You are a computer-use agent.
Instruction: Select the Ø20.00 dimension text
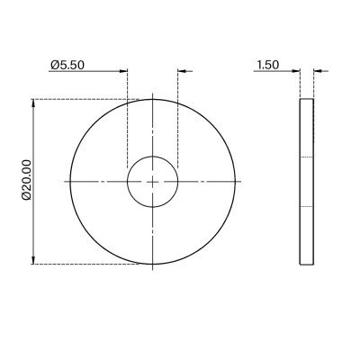[x=26, y=181]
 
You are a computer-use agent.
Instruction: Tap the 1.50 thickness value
[x=266, y=64]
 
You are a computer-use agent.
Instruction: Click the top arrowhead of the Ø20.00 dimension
[x=34, y=103]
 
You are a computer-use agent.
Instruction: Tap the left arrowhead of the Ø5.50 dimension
[x=123, y=70]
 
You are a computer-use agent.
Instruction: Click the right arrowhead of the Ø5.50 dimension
[x=184, y=70]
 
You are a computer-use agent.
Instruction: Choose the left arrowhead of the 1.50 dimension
[x=294, y=70]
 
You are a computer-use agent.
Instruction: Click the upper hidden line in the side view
[x=307, y=158]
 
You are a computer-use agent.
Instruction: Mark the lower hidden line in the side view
[x=307, y=206]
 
